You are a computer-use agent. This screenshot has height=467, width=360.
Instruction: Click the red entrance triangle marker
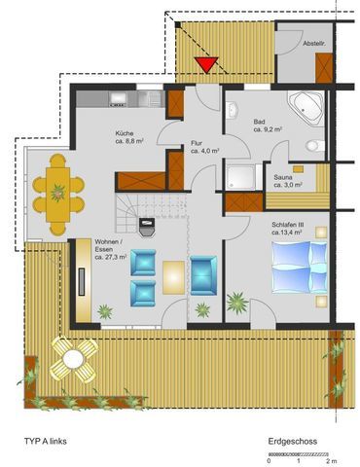click(x=206, y=64)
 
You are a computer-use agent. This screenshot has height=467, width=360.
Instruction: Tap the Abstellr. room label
click(x=314, y=43)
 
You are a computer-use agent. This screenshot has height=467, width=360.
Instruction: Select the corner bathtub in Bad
click(x=306, y=108)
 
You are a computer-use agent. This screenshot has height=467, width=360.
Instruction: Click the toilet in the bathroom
click(x=315, y=146)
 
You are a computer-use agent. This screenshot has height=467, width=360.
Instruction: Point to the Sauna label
click(x=283, y=177)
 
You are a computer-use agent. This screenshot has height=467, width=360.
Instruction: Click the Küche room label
click(x=125, y=133)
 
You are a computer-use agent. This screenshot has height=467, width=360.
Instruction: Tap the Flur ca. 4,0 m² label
click(x=205, y=147)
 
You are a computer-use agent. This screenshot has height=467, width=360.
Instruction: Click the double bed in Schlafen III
click(x=299, y=268)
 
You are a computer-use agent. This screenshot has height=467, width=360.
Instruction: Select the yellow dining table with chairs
click(x=58, y=195)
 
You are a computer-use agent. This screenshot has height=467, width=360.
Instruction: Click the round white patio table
click(x=73, y=359)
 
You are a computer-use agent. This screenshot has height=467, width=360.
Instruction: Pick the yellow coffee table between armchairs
click(x=173, y=277)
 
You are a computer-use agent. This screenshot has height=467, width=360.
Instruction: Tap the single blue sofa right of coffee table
click(x=203, y=275)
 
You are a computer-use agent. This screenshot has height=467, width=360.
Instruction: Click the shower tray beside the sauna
click(x=240, y=177)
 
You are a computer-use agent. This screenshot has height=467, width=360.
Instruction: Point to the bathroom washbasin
click(x=233, y=109)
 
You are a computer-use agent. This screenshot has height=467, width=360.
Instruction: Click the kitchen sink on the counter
click(x=118, y=99)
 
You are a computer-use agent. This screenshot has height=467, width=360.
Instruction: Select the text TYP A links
click(x=46, y=441)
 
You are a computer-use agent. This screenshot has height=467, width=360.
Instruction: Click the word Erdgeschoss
click(x=293, y=442)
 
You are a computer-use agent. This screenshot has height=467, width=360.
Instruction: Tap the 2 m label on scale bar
click(x=332, y=460)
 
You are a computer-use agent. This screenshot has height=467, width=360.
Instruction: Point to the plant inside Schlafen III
click(x=237, y=303)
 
